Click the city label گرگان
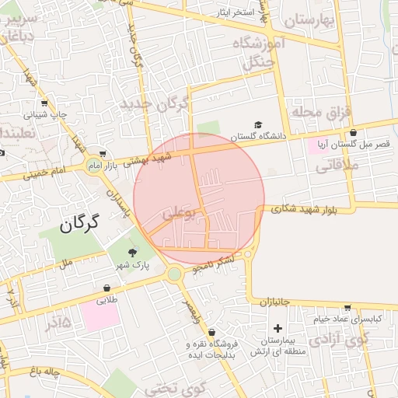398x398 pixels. [x=80, y=225]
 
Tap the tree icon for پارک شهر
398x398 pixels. [x=132, y=252]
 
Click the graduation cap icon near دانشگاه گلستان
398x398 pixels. [x=257, y=124]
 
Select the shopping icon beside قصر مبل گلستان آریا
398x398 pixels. [x=354, y=133]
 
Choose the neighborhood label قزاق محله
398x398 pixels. [x=317, y=113]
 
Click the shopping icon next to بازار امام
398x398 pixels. [x=103, y=153]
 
